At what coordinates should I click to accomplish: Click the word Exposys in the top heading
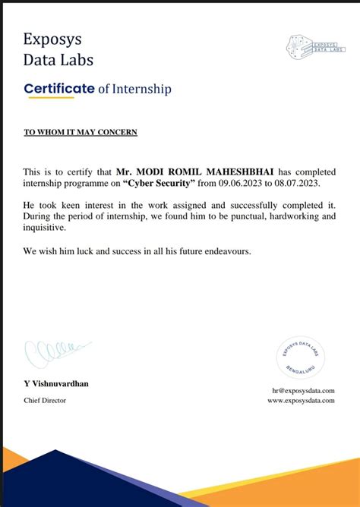pos(52,39)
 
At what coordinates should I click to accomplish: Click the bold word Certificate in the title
pos(59,88)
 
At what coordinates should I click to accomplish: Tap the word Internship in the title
pos(141,89)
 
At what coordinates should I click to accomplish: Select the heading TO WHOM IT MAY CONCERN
pos(81,132)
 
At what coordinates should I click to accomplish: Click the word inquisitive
pos(45,227)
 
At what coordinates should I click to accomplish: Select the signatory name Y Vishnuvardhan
pos(56,383)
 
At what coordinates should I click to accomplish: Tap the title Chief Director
pos(45,400)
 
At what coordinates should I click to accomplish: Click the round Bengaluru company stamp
pos(302,357)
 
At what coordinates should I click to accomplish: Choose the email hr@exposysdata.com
pos(303,390)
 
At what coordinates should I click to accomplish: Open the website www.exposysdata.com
pos(301,400)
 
